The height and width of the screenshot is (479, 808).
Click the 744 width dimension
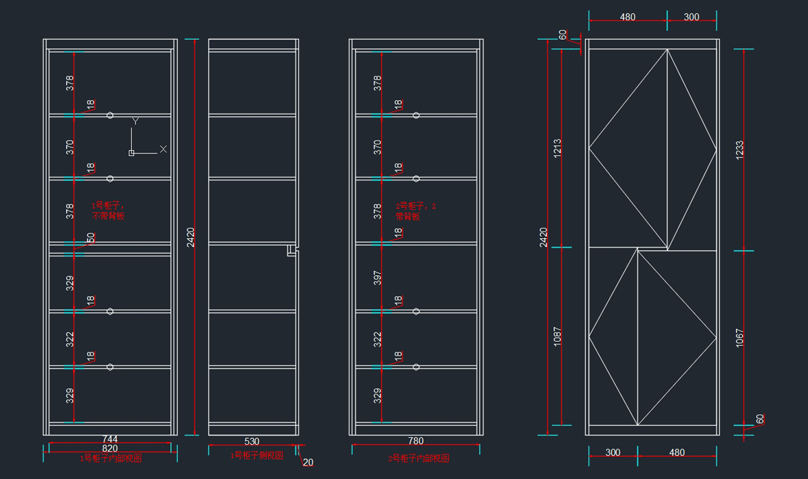pos(110,440)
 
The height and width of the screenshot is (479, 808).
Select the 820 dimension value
pos(110,449)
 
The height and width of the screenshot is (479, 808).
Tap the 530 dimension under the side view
pos(251,441)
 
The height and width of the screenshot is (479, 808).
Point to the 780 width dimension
pos(415,441)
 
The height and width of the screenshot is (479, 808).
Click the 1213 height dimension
pos(557,147)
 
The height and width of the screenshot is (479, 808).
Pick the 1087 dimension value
pos(557,336)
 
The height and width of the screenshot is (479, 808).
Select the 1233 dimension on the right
pos(739,149)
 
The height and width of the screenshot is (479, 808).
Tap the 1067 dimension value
pos(739,336)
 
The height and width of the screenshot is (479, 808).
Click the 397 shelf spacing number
pos(378,279)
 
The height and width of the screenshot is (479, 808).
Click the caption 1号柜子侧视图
pos(257,455)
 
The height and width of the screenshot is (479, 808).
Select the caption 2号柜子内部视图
pos(419,458)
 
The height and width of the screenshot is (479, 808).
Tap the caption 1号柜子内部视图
pos(110,458)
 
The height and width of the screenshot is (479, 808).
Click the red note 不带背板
pos(108,217)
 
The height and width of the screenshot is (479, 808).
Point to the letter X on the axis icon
pos(163,149)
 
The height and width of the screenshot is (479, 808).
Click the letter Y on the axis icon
pos(135,121)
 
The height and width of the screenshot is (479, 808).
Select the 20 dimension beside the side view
pos(308,462)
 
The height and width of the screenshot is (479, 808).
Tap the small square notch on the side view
pos(291,251)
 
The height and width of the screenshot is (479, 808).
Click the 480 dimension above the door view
pos(628,17)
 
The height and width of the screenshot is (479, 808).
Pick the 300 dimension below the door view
pos(613,453)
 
